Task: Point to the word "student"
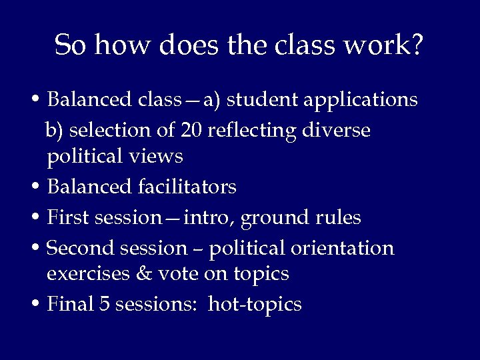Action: pos(264,100)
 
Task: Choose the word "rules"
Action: pos(339,217)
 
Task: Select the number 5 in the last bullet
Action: pos(104,304)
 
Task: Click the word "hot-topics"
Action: pos(255,305)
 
